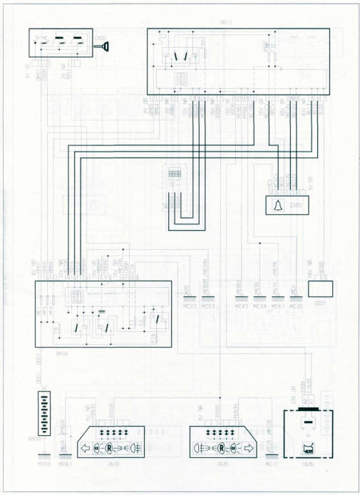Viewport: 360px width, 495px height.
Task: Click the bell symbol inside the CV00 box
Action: click(274, 206)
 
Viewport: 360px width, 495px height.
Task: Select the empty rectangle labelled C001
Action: click(320, 288)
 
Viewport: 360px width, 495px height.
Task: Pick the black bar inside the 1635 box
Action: click(307, 421)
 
